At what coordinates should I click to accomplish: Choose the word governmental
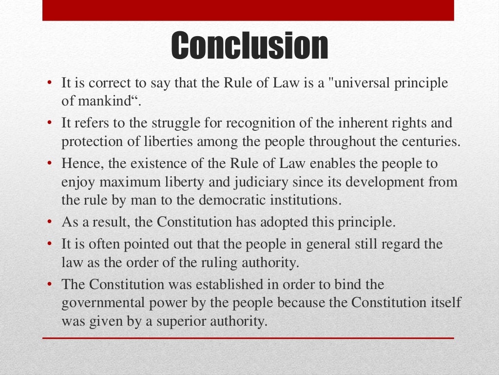tap(103, 303)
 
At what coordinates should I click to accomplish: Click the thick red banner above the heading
tap(248, 10)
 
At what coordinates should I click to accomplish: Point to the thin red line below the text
tap(248, 338)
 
